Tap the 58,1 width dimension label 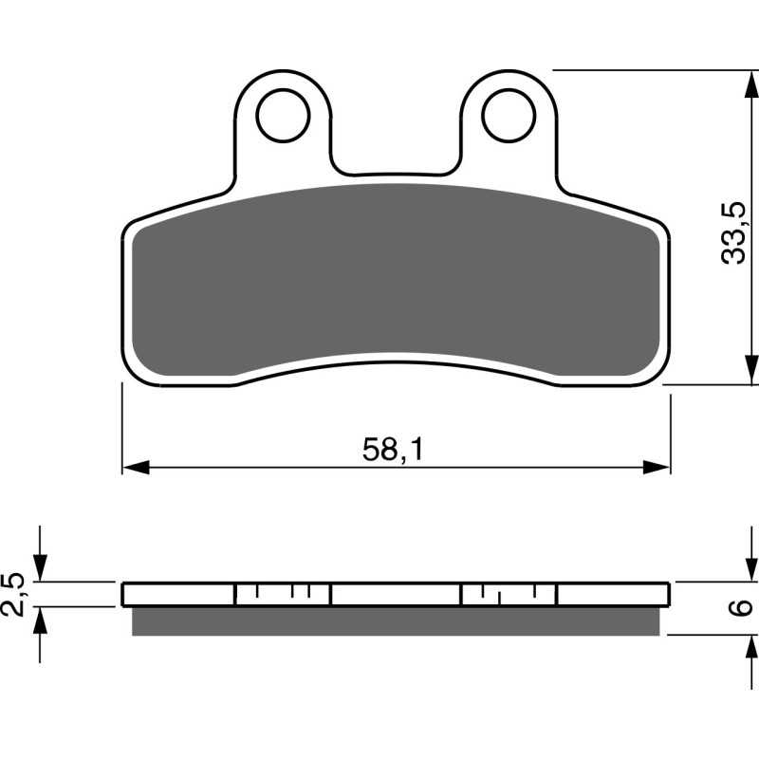pos(392,450)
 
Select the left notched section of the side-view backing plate pos(282,595)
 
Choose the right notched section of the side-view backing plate pos(509,595)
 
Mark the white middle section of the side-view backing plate pos(396,595)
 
